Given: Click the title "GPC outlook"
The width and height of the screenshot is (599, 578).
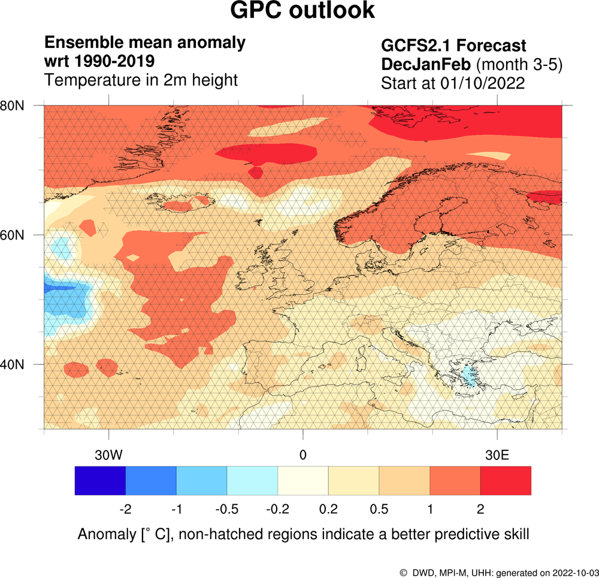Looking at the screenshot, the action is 302,10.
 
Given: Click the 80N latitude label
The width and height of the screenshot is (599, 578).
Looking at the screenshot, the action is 12,106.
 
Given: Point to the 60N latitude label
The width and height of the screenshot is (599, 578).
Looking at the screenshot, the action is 12,235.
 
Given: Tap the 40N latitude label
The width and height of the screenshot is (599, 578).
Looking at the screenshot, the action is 12,364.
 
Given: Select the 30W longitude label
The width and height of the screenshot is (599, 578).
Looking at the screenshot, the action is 109,455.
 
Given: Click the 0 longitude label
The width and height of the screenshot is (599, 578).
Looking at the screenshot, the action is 303,455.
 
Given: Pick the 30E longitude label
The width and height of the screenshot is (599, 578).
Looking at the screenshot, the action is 497,455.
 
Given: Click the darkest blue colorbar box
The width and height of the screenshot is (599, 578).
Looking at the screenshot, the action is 100,480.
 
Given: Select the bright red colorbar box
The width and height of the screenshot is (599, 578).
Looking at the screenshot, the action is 506,480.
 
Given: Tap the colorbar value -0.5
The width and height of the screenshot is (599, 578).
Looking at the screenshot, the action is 227,509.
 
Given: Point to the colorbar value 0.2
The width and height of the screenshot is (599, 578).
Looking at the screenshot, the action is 328,509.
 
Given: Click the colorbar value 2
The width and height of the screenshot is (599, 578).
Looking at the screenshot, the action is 480,509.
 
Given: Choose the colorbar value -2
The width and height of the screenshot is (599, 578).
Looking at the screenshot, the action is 126,509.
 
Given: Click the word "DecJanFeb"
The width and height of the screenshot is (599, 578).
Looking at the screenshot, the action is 426,64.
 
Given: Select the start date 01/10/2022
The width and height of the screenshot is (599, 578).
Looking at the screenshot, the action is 482,83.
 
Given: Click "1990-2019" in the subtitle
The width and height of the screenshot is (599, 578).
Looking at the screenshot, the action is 114,61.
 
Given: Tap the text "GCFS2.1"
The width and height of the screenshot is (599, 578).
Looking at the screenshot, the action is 415,46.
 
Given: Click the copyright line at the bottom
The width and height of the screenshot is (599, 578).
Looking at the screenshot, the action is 499,573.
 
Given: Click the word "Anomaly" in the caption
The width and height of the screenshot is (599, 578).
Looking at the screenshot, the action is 107,534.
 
